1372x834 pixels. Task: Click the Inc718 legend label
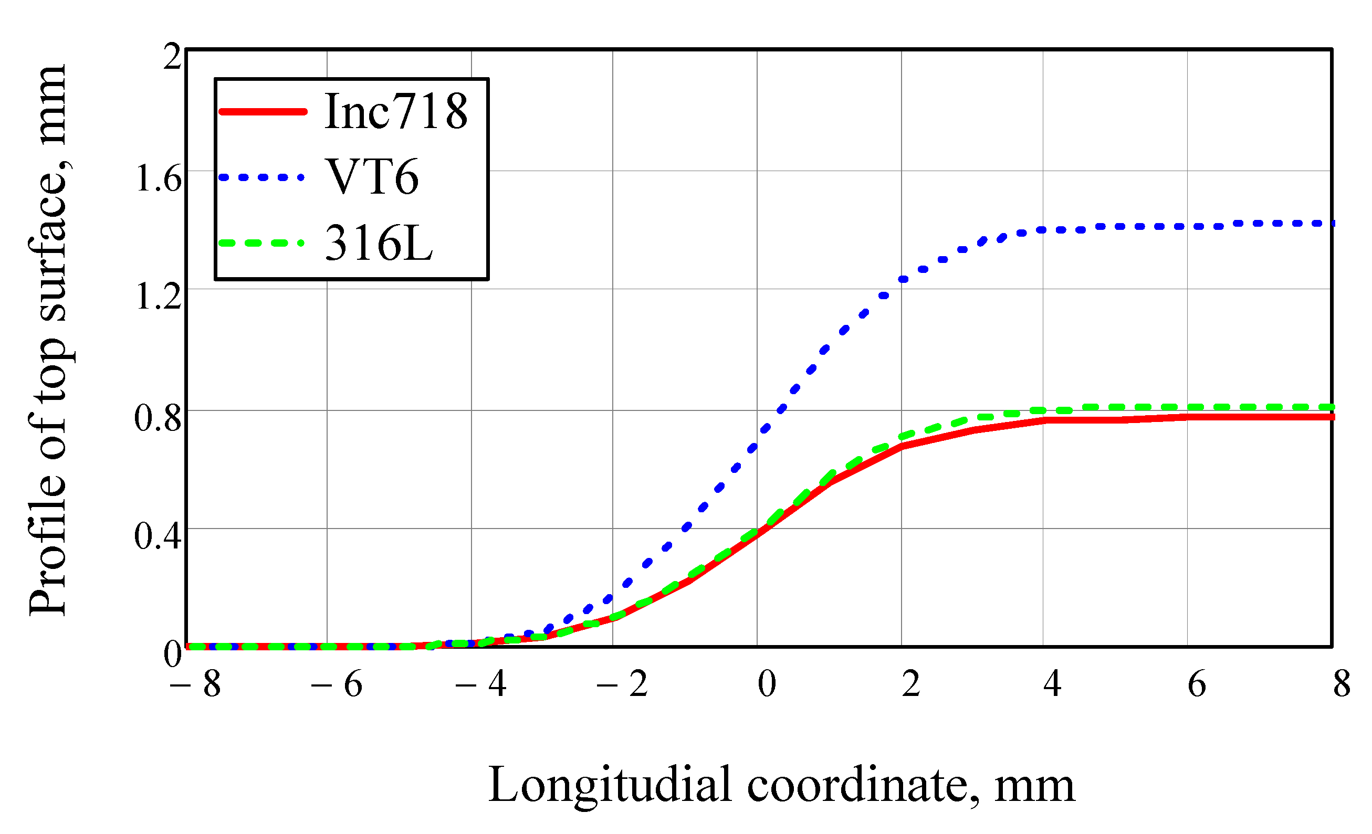(x=396, y=111)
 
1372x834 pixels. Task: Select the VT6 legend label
(x=372, y=177)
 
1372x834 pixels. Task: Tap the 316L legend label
(x=379, y=242)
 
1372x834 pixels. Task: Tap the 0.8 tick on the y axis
(x=159, y=418)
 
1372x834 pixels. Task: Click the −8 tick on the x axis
(x=195, y=684)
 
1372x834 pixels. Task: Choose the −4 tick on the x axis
(x=480, y=684)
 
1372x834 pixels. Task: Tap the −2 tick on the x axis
(x=622, y=684)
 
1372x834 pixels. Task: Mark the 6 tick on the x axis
(x=1197, y=684)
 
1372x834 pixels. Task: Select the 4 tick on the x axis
(x=1052, y=684)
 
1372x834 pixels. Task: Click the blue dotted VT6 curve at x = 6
(x=1187, y=227)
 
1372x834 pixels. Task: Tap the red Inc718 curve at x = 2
(x=902, y=446)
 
